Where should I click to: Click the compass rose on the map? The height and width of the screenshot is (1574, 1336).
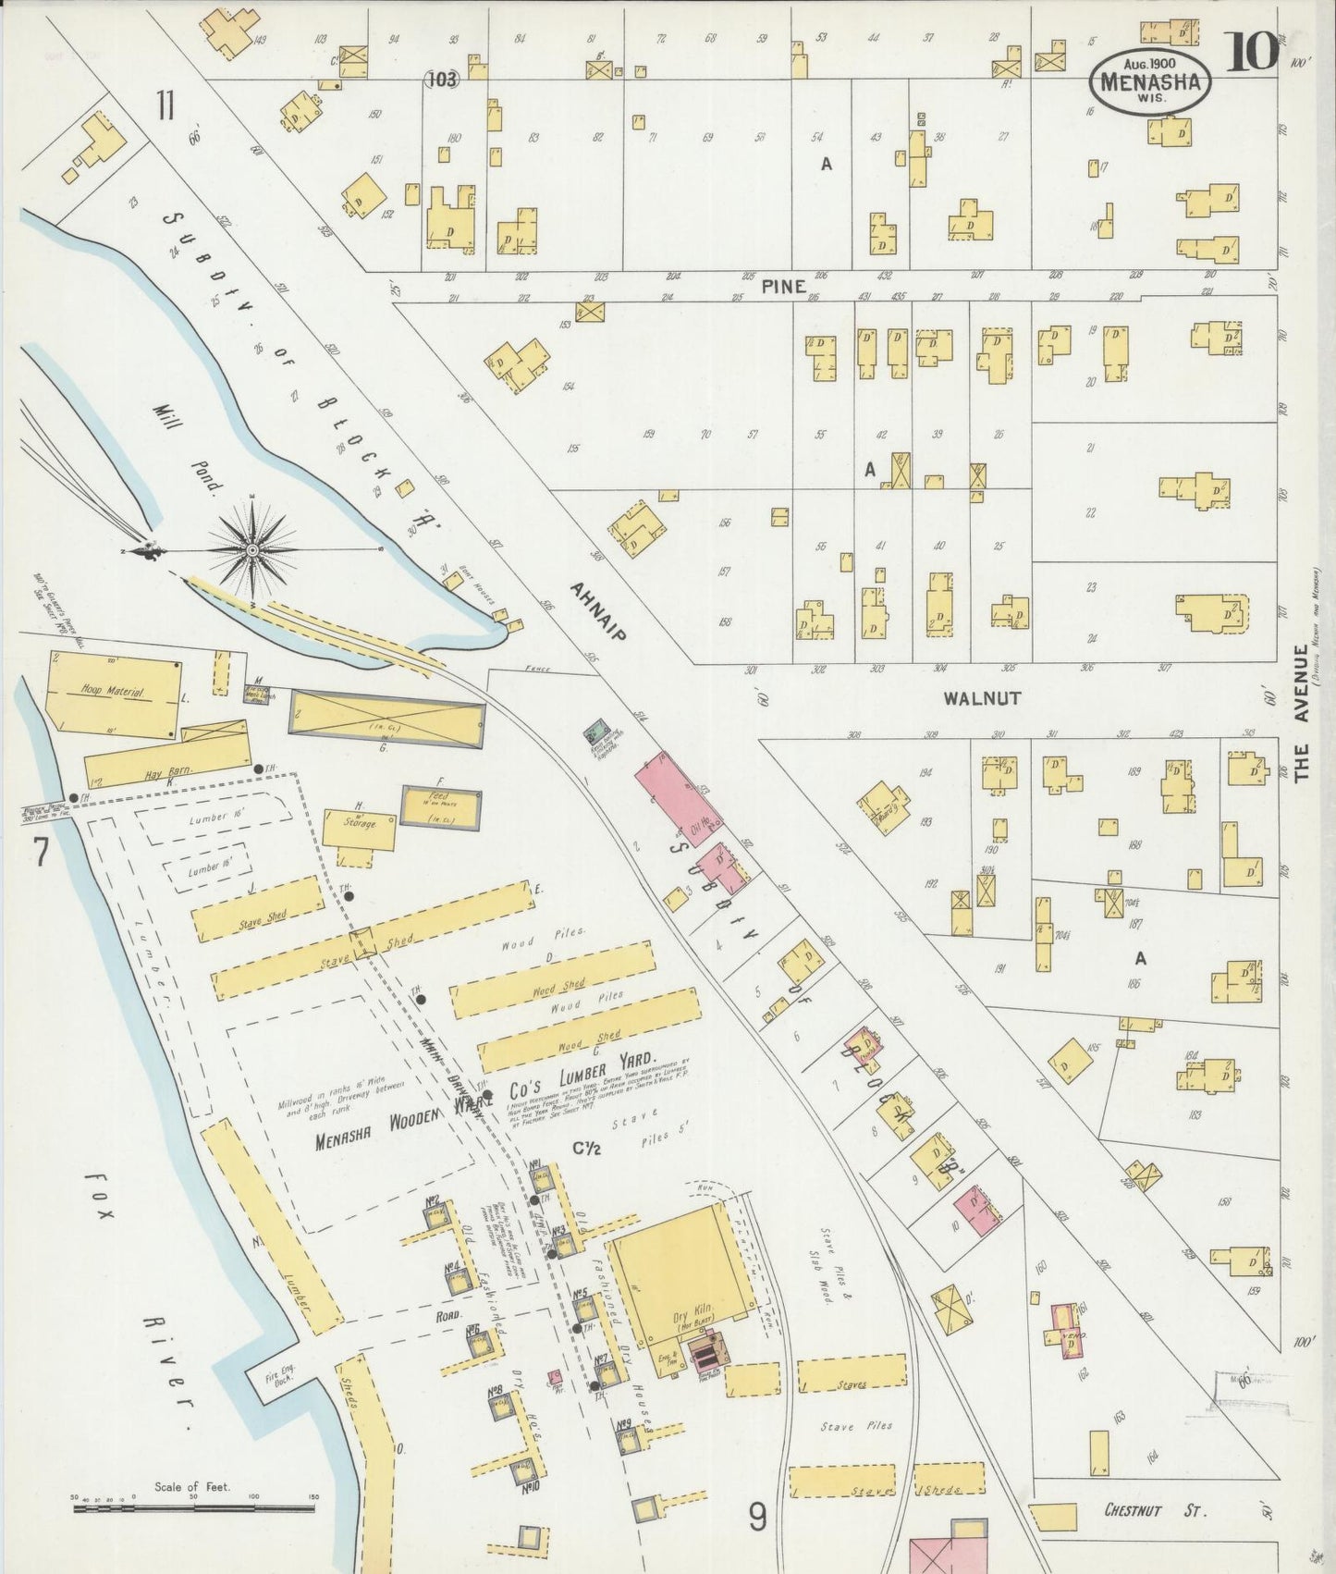tap(251, 549)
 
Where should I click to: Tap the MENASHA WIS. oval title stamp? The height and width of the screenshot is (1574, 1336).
tap(1150, 81)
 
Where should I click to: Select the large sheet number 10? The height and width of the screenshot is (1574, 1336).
tap(1252, 52)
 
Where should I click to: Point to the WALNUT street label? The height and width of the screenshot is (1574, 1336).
tap(982, 698)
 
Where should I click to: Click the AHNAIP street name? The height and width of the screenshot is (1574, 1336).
tap(597, 610)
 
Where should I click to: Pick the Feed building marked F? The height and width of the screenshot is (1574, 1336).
tap(441, 805)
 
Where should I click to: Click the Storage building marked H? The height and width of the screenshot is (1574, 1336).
tap(359, 827)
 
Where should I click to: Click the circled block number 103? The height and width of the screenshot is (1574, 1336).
tap(442, 80)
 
